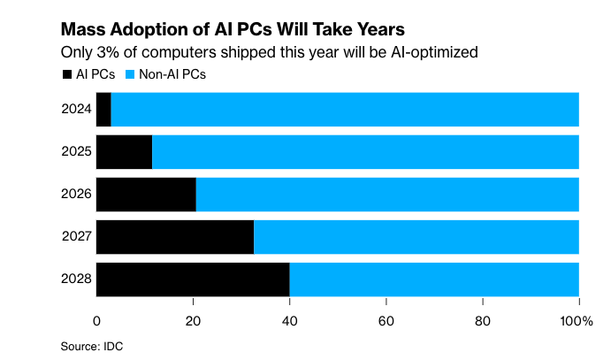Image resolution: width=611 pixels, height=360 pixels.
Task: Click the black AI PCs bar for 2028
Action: pyautogui.click(x=193, y=280)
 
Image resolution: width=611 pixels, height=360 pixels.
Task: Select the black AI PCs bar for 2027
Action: pyautogui.click(x=175, y=237)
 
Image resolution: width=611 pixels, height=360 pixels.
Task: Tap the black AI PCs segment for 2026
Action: pyautogui.click(x=146, y=195)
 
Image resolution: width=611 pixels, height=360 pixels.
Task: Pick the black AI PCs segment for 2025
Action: pyautogui.click(x=124, y=152)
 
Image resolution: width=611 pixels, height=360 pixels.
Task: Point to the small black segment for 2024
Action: pyautogui.click(x=103, y=110)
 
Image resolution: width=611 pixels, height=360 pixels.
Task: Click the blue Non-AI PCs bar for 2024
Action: pyautogui.click(x=345, y=110)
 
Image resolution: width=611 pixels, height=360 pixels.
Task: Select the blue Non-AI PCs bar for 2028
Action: pyautogui.click(x=434, y=280)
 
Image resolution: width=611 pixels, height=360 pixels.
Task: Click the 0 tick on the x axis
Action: pyautogui.click(x=96, y=319)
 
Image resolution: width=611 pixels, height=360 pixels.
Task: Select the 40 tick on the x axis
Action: pyautogui.click(x=289, y=319)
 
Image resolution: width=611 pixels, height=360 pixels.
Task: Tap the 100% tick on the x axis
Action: pyautogui.click(x=577, y=319)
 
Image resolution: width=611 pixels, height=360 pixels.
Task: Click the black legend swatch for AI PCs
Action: pyautogui.click(x=66, y=74)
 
